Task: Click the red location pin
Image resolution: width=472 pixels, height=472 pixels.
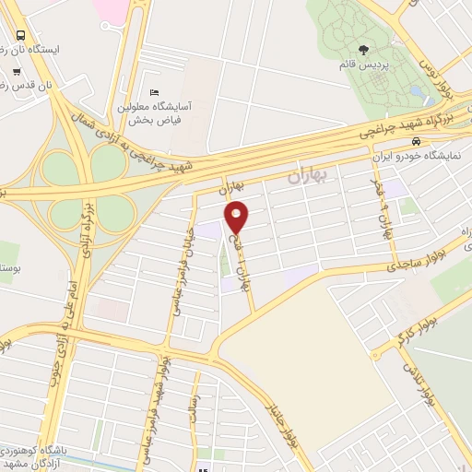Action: [238, 218]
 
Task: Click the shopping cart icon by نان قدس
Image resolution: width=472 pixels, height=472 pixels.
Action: [17, 71]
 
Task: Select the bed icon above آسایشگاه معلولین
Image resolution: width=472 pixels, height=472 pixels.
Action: [154, 92]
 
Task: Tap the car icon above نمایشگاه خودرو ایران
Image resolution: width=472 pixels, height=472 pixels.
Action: [417, 142]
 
